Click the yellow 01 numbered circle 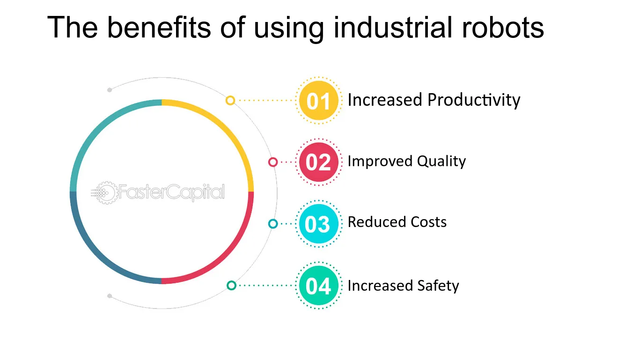click(318, 101)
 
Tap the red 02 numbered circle click(318, 162)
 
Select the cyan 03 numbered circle click(318, 224)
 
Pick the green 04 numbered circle click(318, 286)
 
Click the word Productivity click(474, 100)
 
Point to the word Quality click(441, 162)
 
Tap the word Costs click(428, 222)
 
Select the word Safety click(438, 286)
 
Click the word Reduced click(377, 222)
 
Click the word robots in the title click(503, 27)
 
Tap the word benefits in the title click(159, 27)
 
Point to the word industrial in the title click(393, 27)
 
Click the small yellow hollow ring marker click(230, 101)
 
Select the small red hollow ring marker click(273, 162)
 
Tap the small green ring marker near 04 click(231, 286)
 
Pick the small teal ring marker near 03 click(273, 224)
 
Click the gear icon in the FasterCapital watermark click(106, 193)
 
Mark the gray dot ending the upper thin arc click(110, 90)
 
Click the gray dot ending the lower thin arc click(110, 296)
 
